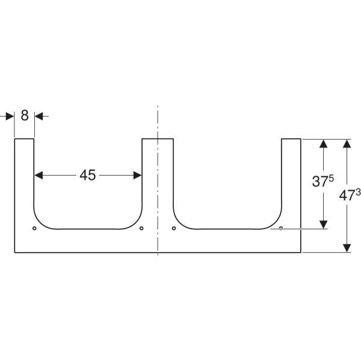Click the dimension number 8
pos(25,116)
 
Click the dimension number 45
pos(87,175)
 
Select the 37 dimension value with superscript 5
pos(322,180)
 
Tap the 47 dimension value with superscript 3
pos(350,195)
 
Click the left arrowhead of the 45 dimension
pos(39,175)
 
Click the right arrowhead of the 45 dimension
pos(137,175)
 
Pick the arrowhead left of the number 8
pos(10,116)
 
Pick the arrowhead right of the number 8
pos(39,116)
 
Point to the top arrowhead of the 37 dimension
pos(324,143)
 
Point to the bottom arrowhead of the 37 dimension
pos(324,224)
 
